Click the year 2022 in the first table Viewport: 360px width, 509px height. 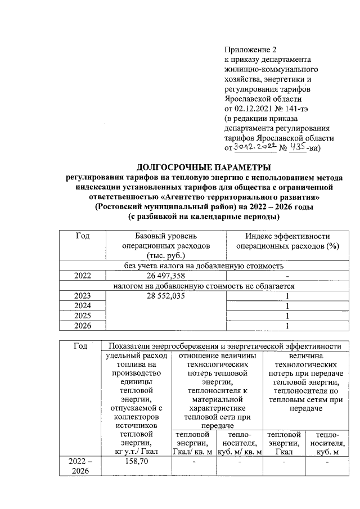83,276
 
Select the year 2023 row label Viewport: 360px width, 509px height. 83,296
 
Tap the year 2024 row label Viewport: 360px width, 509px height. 83,306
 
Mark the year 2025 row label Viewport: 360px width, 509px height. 83,316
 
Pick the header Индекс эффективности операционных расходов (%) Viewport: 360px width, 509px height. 287,241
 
